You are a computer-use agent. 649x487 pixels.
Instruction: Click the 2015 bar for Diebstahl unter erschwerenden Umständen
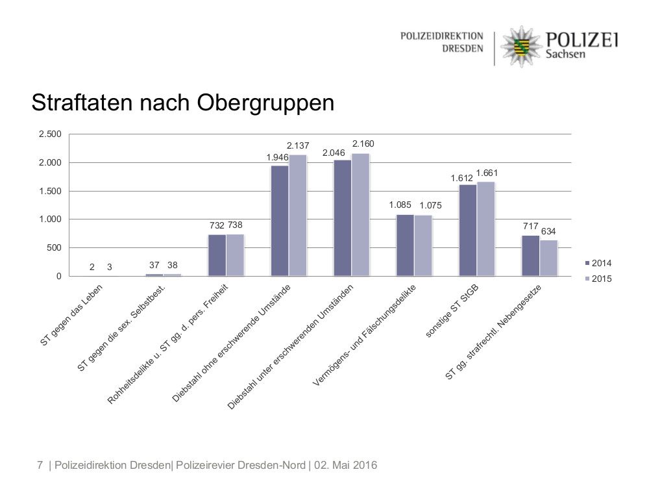pos(360,214)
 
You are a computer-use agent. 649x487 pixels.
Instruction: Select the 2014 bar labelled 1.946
pos(280,221)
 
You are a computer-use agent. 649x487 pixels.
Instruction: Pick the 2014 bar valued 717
pos(531,256)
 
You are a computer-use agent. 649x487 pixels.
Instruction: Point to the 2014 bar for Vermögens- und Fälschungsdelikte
pos(405,245)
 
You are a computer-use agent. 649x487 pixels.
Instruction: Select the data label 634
pos(548,232)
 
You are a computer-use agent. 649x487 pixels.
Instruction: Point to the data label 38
pos(172,265)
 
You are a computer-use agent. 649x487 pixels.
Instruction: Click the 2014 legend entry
pos(598,263)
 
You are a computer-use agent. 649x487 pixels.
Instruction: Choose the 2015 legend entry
pos(598,279)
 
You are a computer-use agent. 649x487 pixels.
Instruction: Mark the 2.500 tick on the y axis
pos(50,134)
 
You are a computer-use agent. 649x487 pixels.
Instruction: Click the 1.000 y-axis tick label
pos(50,219)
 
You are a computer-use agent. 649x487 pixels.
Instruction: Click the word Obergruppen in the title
pos(265,103)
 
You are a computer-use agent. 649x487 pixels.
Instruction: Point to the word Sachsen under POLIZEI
pos(566,55)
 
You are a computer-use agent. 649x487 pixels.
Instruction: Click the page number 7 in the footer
pos(40,465)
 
